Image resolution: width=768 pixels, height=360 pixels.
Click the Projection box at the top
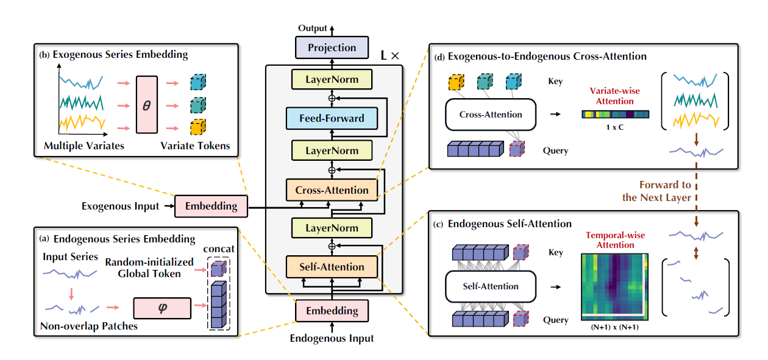(332, 48)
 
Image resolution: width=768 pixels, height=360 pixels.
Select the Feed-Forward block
(332, 118)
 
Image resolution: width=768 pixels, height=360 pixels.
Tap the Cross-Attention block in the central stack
(332, 190)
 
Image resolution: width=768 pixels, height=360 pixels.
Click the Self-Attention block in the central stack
(332, 267)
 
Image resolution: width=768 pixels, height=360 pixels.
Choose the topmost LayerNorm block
(332, 79)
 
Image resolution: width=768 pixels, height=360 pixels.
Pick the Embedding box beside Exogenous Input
(212, 206)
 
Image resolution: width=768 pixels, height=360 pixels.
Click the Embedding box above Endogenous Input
(332, 311)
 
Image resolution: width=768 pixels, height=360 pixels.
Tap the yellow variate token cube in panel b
(197, 127)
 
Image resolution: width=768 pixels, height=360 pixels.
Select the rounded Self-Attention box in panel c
(491, 286)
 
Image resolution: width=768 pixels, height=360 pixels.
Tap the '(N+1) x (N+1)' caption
(613, 327)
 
